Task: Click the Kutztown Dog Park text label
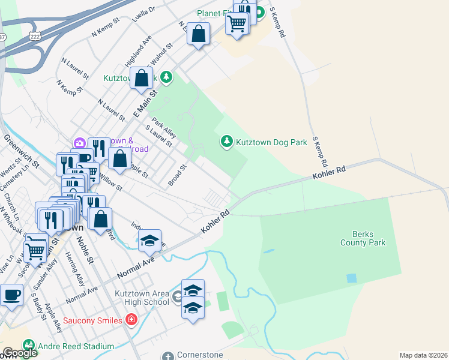click(x=271, y=142)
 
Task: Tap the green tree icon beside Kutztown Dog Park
click(x=226, y=142)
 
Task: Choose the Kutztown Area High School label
click(x=142, y=298)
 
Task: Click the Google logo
click(x=20, y=353)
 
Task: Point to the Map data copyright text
click(x=423, y=355)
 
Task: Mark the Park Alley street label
click(x=163, y=127)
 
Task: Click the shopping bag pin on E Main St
click(x=141, y=78)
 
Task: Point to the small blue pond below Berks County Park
click(x=351, y=278)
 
